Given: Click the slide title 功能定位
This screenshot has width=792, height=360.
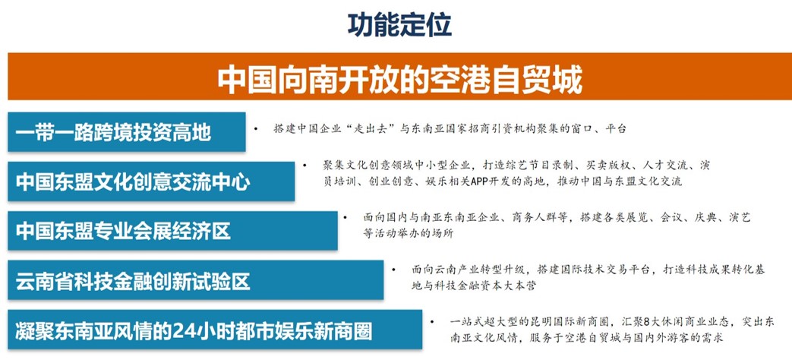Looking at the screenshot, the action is [399, 25].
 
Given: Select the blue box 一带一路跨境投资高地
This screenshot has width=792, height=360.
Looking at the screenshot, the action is [126, 132].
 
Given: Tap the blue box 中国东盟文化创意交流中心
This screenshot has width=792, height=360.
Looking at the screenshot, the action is [151, 182].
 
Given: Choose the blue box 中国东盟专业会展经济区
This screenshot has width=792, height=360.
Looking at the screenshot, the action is [172, 231].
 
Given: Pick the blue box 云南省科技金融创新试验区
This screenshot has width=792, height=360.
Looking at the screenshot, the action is [195, 280].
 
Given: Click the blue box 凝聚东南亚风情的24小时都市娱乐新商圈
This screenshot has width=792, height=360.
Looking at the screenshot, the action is [215, 330].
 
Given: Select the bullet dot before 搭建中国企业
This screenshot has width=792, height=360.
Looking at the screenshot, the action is [256, 129].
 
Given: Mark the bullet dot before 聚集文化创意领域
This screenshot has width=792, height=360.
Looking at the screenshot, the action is [304, 165].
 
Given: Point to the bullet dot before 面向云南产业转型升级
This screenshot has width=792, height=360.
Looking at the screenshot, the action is [393, 270].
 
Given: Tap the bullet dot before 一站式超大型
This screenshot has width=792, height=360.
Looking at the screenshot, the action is [432, 321].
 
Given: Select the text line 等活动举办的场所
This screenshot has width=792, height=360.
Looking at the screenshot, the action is [408, 234].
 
